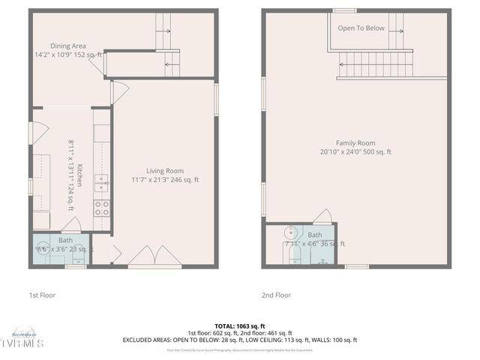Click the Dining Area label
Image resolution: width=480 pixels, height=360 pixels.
(68, 46)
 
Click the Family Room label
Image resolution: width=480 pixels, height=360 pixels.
(355, 142)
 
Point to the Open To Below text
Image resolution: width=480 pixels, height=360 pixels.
(361, 28)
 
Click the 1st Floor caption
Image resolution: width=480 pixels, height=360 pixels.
(44, 295)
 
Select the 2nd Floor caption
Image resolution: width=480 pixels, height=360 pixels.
(276, 295)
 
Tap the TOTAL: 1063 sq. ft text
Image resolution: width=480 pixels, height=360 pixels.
(240, 326)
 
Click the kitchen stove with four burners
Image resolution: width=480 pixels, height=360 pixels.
(101, 208)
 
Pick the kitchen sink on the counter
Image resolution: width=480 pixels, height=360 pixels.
(101, 180)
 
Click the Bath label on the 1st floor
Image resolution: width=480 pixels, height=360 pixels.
(66, 240)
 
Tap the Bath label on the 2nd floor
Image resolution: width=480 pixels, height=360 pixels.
(314, 235)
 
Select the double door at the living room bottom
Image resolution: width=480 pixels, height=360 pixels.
(154, 256)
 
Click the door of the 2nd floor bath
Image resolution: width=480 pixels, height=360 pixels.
(322, 217)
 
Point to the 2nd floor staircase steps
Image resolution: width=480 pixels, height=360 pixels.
(375, 63)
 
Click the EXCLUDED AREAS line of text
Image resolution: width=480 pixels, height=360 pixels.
(240, 340)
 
